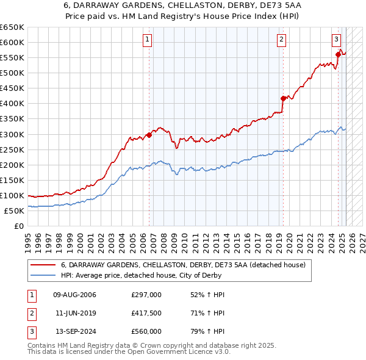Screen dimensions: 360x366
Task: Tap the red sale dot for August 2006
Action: coord(149,135)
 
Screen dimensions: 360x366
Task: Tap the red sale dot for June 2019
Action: coord(282,98)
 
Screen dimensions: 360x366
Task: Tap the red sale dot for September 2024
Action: coord(338,55)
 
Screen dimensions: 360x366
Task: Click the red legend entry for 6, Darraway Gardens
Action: coord(178,265)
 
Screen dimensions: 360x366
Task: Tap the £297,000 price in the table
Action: coord(146,295)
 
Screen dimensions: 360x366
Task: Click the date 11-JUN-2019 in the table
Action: coord(75,313)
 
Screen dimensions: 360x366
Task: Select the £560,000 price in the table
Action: coord(146,331)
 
